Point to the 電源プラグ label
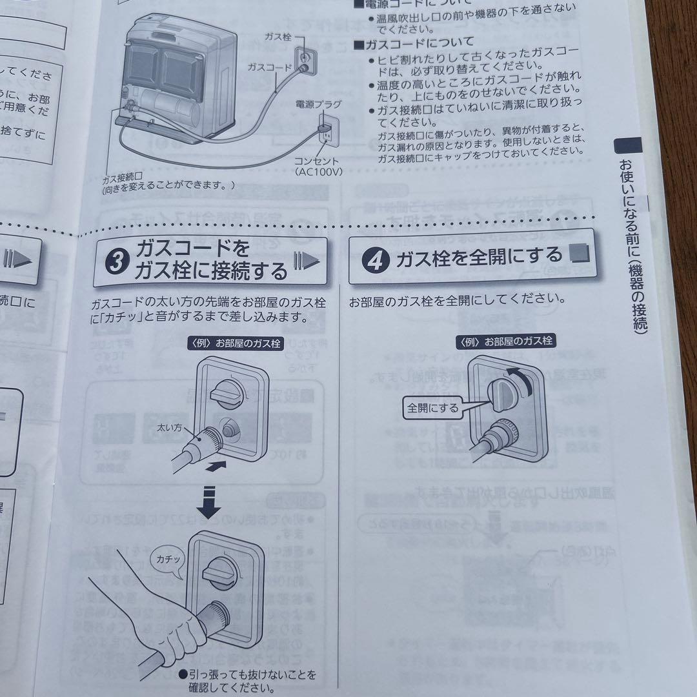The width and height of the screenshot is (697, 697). (x=318, y=103)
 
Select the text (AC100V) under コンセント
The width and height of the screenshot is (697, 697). (x=319, y=172)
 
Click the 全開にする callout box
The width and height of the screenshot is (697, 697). (x=433, y=408)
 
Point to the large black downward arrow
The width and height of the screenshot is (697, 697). (x=208, y=500)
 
